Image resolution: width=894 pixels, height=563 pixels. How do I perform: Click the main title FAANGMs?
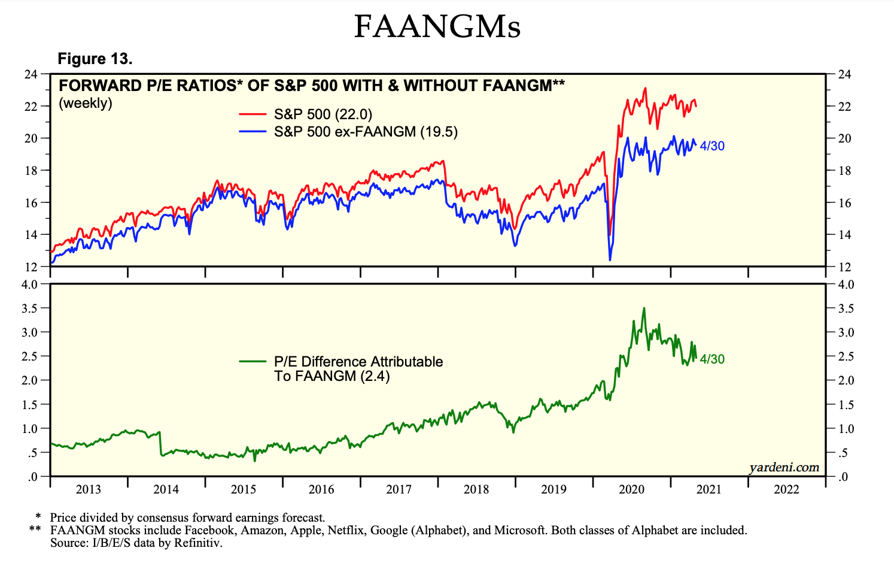click(x=437, y=26)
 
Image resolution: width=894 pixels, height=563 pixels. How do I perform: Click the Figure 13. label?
click(x=95, y=59)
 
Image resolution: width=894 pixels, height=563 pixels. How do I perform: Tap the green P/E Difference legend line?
click(x=252, y=361)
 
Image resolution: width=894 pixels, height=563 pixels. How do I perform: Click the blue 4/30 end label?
click(x=712, y=146)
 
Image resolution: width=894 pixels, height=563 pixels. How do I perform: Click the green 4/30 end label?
click(x=712, y=359)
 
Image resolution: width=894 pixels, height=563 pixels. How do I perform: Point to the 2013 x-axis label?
click(x=89, y=489)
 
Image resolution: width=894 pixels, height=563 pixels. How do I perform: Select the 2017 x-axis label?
click(x=399, y=489)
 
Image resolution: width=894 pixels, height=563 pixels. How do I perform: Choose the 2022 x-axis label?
click(x=786, y=489)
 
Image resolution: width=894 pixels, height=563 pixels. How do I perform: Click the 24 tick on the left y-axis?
click(x=31, y=74)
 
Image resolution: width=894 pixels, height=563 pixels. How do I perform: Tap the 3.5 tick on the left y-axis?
click(x=29, y=308)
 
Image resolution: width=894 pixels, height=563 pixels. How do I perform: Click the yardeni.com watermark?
click(x=784, y=467)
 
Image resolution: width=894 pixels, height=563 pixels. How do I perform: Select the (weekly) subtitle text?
click(x=86, y=103)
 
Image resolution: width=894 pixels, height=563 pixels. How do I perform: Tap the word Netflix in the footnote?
click(x=346, y=530)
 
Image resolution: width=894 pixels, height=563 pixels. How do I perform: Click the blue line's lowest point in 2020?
click(x=610, y=259)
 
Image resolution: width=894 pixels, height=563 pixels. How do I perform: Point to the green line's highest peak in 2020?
click(x=644, y=308)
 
